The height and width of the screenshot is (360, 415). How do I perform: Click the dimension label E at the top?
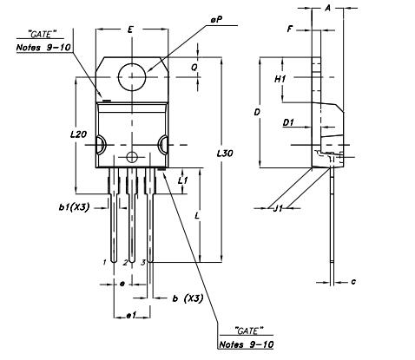point(129,29)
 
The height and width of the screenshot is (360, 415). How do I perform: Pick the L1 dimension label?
point(182,180)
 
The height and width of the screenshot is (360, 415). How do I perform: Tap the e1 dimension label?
point(132,315)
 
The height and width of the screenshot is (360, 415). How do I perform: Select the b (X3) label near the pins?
point(188,298)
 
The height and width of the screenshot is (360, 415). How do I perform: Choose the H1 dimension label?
point(280,79)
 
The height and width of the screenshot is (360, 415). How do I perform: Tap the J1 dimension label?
point(279,207)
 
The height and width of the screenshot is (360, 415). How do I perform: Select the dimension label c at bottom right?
point(354,281)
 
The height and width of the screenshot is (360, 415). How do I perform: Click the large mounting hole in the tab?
point(132,76)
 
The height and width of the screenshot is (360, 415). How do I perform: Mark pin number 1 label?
point(103,261)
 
